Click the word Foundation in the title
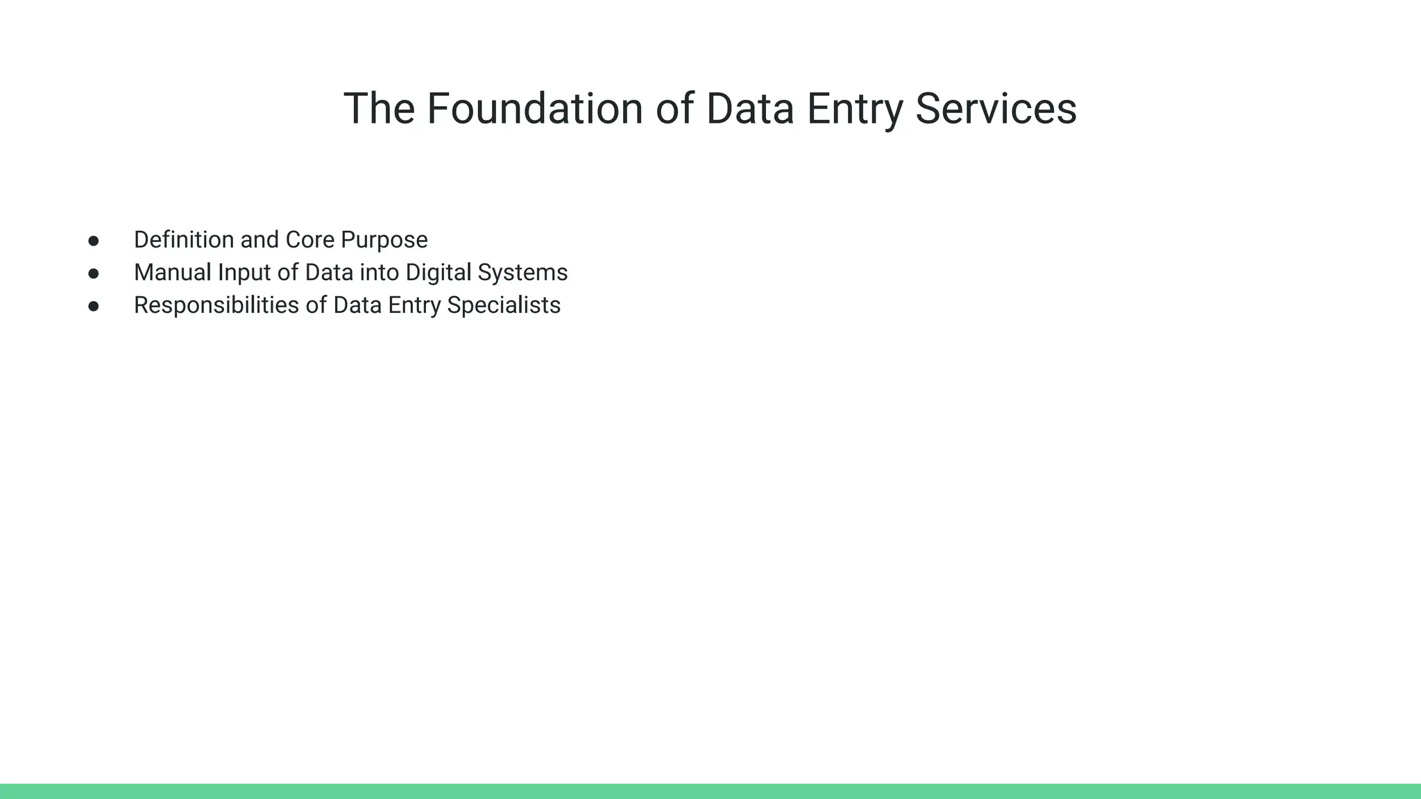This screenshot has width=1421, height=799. click(534, 109)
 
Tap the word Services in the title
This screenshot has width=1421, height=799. click(996, 109)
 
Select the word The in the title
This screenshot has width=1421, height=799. click(379, 109)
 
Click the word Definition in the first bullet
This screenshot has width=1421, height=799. click(184, 240)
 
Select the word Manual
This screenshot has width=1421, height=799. click(172, 273)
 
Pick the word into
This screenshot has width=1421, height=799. click(379, 273)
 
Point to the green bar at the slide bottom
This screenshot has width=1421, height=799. click(710, 791)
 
